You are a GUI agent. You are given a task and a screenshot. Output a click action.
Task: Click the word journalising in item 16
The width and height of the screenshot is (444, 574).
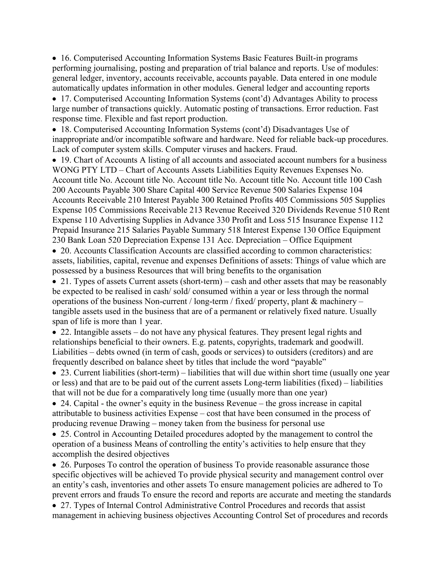click(x=115, y=68)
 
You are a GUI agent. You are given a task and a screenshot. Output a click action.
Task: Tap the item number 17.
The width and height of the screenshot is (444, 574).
click(x=66, y=99)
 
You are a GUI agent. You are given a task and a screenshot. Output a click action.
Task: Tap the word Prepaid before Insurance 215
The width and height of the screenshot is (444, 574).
click(x=65, y=230)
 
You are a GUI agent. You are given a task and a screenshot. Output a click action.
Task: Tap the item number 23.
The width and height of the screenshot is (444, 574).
click(x=66, y=373)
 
